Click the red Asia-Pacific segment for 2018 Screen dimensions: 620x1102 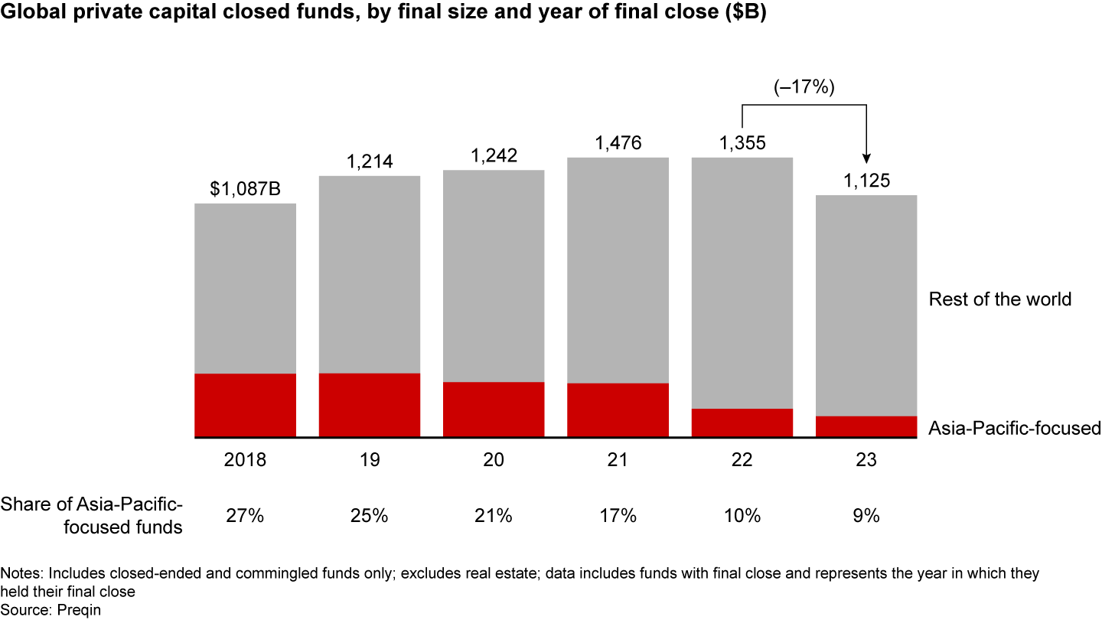coord(246,406)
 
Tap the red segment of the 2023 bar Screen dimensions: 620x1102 coord(866,427)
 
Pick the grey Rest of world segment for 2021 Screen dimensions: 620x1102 coord(618,270)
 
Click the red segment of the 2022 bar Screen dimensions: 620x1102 coord(742,423)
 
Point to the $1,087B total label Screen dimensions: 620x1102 coord(246,189)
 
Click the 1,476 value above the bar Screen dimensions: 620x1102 coord(618,143)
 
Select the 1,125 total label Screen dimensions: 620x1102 coord(866,181)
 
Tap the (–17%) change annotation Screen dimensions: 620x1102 coord(804,88)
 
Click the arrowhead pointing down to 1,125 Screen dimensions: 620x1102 coord(866,158)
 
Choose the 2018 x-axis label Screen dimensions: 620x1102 coord(246,461)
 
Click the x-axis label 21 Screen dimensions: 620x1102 coord(618,461)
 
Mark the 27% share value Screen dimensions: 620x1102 coord(246,516)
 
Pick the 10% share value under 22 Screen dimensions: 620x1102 coord(742,516)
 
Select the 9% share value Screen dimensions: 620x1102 coord(866,516)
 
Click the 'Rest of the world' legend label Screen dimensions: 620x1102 coord(999,299)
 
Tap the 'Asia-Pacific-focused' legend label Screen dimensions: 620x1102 coord(1014,428)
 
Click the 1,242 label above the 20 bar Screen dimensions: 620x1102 coord(494,155)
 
